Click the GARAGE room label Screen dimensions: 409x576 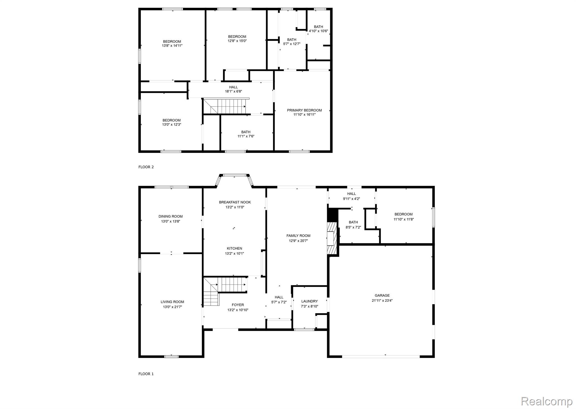(x=382, y=295)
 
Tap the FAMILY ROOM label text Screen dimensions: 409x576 (x=298, y=236)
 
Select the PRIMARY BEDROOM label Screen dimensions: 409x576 (x=304, y=110)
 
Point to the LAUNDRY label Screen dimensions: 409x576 (x=309, y=301)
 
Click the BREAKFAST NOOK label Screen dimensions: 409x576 (x=235, y=202)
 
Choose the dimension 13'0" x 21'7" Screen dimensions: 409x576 (x=172, y=307)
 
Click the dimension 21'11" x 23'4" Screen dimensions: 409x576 (x=382, y=300)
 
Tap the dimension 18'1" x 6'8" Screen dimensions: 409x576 (x=233, y=91)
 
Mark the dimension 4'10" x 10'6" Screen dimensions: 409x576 (x=318, y=31)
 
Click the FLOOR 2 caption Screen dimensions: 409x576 (x=146, y=167)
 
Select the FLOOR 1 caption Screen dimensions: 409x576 (x=146, y=374)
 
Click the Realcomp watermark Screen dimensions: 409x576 (x=546, y=401)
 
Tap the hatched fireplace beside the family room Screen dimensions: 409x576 (x=332, y=238)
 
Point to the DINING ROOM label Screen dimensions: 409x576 (x=170, y=216)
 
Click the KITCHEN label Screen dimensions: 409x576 (x=234, y=248)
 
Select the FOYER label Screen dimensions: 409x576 (x=238, y=305)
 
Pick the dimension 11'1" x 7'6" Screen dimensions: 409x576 (x=246, y=136)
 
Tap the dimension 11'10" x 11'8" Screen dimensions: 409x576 (x=403, y=219)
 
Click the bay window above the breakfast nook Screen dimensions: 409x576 (x=234, y=176)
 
